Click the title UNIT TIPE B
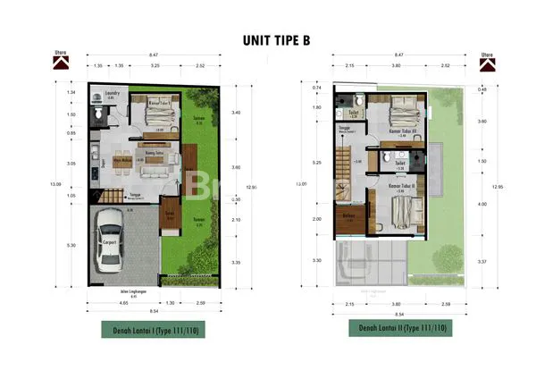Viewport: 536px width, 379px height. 269,40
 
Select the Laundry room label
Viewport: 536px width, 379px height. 112,92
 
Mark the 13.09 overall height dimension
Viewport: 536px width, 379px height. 57,184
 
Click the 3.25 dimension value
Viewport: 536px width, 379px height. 155,66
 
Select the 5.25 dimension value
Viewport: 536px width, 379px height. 317,163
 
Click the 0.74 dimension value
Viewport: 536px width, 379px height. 317,88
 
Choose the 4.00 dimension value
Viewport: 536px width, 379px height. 482,205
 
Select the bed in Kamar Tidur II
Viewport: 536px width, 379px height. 406,213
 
